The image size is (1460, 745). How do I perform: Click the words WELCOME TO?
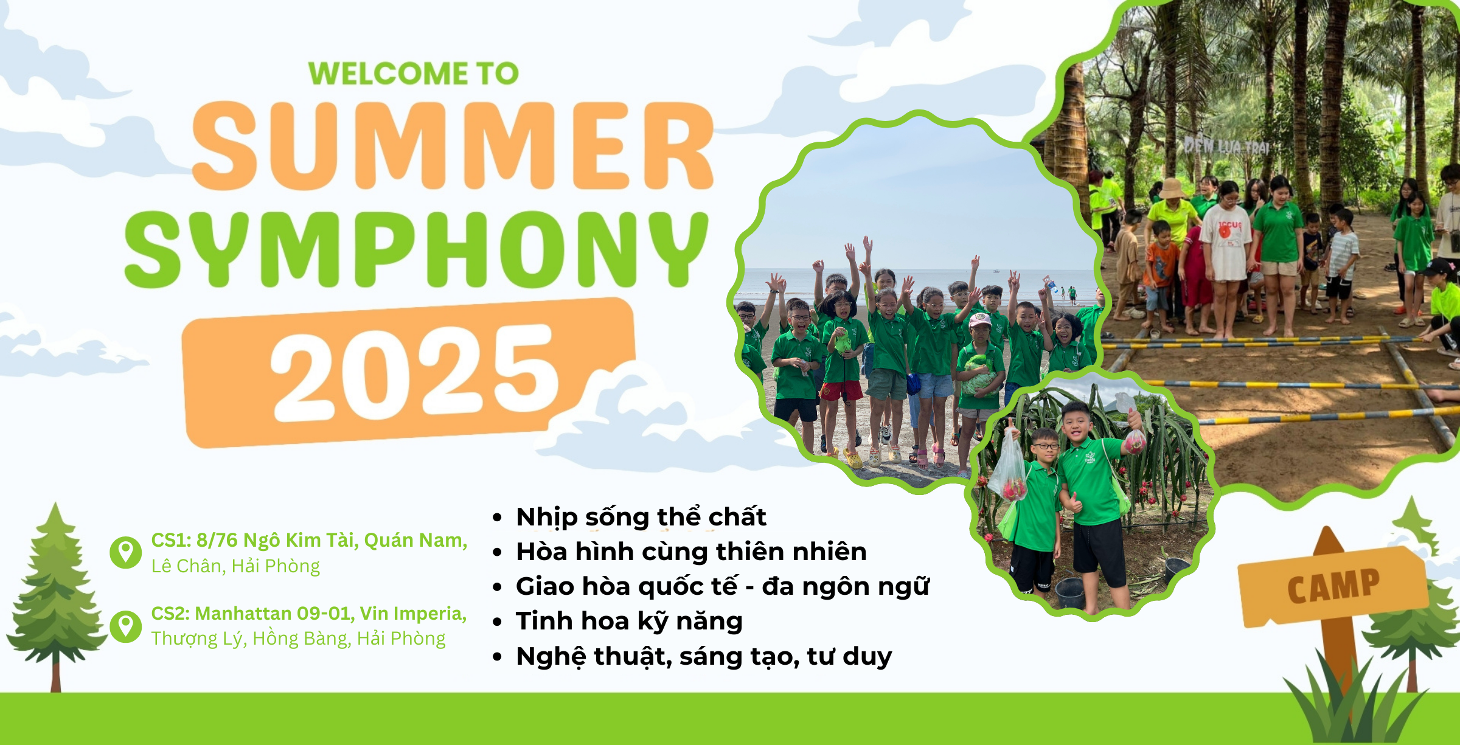[414, 74]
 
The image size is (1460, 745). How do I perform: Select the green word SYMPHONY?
[417, 249]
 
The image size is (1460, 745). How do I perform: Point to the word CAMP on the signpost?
[1333, 586]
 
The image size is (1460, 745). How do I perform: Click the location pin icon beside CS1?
[126, 553]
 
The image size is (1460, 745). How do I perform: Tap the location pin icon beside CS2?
[126, 626]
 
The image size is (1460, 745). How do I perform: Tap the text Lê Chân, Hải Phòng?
[235, 566]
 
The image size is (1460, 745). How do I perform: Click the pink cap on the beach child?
[979, 319]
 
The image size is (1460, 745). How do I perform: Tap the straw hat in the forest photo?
[1171, 188]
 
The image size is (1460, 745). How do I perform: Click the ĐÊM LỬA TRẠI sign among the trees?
[1226, 146]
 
